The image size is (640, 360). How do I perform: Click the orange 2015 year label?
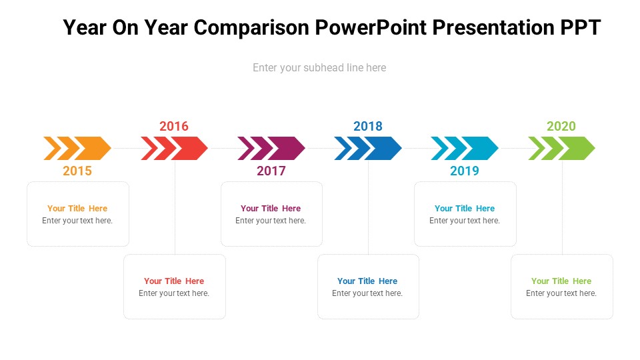pyautogui.click(x=77, y=171)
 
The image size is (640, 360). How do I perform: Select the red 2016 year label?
pyautogui.click(x=174, y=126)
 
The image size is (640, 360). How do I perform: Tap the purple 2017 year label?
pyautogui.click(x=271, y=171)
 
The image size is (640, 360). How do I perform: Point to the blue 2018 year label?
pyautogui.click(x=368, y=126)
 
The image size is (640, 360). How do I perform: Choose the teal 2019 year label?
pyautogui.click(x=465, y=171)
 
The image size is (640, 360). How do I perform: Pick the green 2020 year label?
pyautogui.click(x=561, y=126)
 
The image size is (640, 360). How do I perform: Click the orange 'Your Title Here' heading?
pyautogui.click(x=77, y=208)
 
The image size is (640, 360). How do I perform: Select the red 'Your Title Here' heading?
pyautogui.click(x=174, y=281)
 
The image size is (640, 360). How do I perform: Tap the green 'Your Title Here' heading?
pyautogui.click(x=561, y=281)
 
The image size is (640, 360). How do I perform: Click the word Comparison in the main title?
pyautogui.click(x=251, y=28)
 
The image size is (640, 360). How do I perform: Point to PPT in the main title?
pyautogui.click(x=581, y=27)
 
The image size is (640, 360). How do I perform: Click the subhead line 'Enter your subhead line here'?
pyautogui.click(x=319, y=67)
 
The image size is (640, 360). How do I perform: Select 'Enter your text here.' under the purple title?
pyautogui.click(x=271, y=221)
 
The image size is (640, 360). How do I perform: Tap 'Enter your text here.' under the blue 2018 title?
pyautogui.click(x=367, y=293)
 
